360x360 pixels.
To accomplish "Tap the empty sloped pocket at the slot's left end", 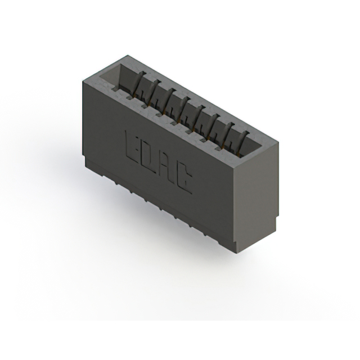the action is click(x=110, y=74).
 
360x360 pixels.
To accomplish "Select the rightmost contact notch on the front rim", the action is click(x=218, y=149).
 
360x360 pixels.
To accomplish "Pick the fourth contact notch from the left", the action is click(x=159, y=114).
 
